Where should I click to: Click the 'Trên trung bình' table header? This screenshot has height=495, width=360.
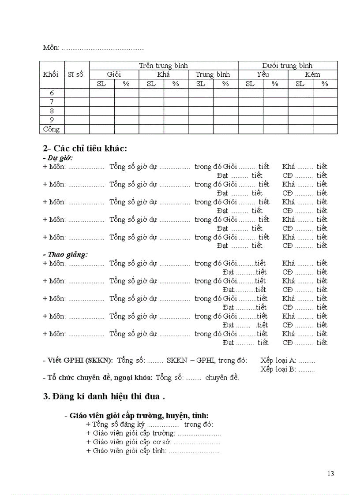pos(163,65)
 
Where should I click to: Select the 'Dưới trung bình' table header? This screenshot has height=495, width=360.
pos(287,65)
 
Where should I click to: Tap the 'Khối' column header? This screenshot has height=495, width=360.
pos(51,74)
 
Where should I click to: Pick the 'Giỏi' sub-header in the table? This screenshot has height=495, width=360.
pos(114,74)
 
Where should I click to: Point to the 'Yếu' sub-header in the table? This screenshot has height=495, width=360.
pos(262,74)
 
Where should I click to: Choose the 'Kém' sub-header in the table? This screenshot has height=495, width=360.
pos(312,74)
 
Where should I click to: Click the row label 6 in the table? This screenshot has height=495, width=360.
pos(52,93)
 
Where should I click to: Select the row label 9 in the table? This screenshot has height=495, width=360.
pos(52,120)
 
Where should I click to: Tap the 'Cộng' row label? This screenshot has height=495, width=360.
pos(51,129)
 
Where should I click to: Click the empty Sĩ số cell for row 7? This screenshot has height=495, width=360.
pos(77,102)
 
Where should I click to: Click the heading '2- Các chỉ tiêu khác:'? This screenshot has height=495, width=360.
pos(85,148)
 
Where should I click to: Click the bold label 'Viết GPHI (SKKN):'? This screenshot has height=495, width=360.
pos(78,360)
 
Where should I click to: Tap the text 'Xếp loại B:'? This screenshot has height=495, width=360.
pos(278,369)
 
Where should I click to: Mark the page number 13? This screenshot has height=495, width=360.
pos(330,474)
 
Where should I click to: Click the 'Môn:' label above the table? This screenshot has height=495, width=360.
pos(51,48)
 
